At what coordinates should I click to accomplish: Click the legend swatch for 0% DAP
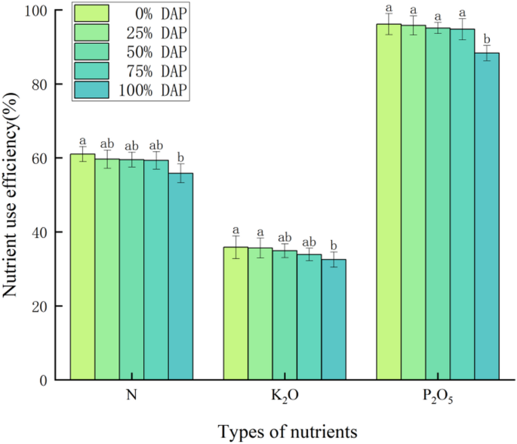coord(92,13)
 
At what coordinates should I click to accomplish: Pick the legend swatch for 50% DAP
coord(92,51)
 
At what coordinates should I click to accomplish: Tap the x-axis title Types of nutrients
coord(286,430)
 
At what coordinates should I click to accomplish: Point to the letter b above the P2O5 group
coord(487,39)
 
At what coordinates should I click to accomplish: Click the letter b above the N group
coord(180,156)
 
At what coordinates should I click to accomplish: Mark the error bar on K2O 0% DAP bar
coord(236,247)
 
